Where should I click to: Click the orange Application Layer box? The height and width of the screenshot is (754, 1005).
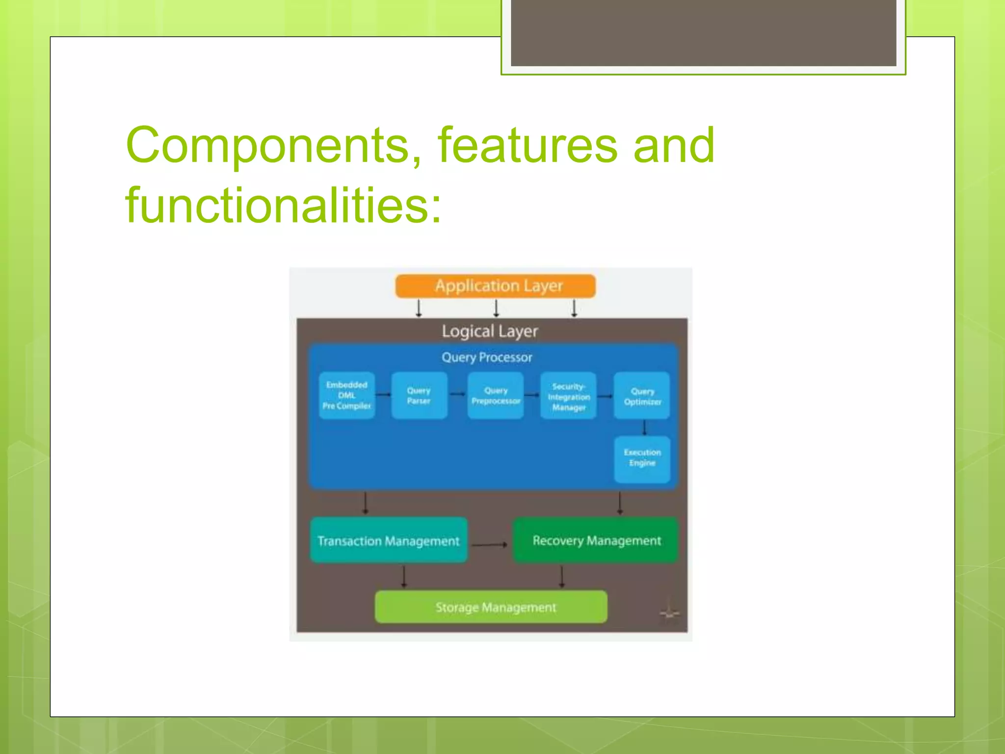(496, 286)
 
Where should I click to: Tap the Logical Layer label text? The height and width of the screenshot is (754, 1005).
(490, 331)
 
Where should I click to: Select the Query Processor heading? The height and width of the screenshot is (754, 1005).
(487, 357)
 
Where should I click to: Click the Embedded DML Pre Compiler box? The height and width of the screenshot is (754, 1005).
(346, 396)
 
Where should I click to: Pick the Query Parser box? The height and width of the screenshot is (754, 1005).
(419, 396)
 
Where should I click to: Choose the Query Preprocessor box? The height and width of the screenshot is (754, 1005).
(496, 396)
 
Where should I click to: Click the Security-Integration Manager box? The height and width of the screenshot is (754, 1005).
(568, 396)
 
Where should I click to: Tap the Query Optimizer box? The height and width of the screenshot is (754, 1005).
(642, 396)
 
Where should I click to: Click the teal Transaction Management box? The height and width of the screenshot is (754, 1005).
(388, 540)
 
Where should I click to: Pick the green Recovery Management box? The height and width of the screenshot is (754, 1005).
(596, 540)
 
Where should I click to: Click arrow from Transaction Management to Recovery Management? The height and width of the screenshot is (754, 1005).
(489, 544)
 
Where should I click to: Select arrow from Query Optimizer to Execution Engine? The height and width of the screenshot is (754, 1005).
(644, 428)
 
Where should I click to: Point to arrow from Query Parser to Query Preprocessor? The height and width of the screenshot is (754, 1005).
(457, 394)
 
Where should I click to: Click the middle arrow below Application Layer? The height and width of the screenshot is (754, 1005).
(496, 308)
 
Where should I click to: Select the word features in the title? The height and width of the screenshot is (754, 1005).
(527, 145)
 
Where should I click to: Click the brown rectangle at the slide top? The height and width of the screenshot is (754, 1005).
(703, 32)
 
